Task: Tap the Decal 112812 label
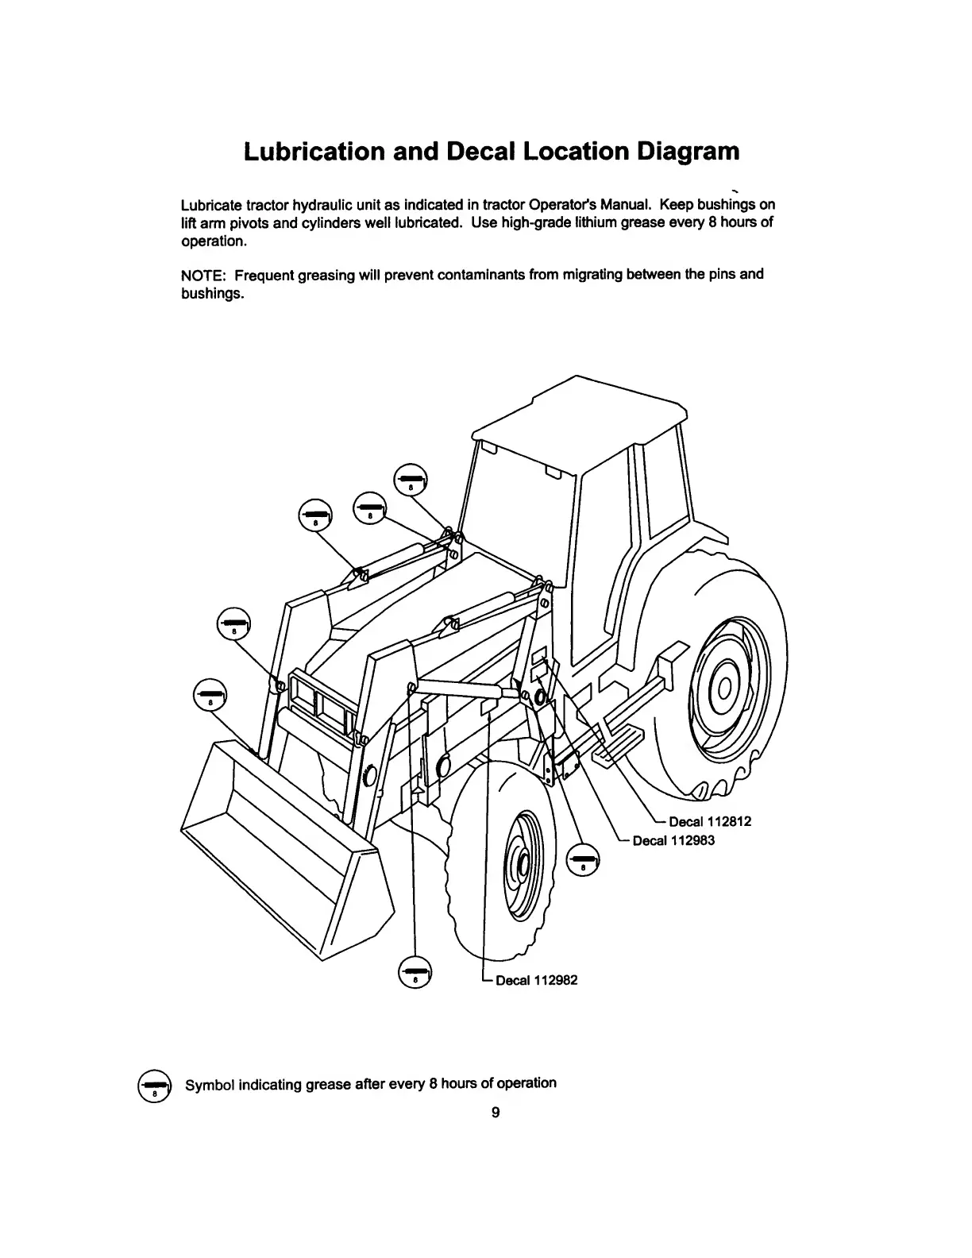pos(709,822)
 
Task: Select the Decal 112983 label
pos(673,840)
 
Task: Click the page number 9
pos(495,1113)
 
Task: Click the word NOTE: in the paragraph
pos(205,275)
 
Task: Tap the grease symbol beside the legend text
pos(155,1085)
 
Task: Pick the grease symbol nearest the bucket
pos(210,694)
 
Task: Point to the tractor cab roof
pos(580,413)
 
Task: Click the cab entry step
pos(615,747)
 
